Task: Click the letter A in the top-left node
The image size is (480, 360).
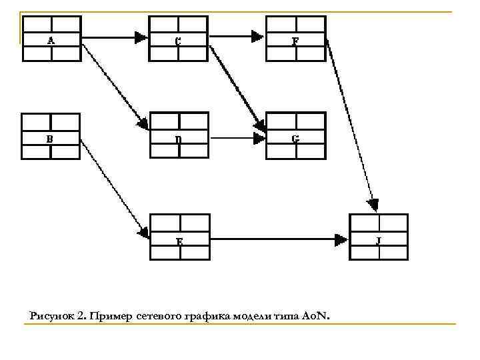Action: click(51, 41)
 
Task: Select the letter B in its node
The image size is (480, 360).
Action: click(50, 139)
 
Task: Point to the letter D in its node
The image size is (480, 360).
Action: click(177, 140)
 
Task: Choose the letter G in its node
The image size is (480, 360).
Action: click(295, 139)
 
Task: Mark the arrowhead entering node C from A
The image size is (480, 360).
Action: click(140, 38)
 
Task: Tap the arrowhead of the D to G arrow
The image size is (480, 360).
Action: click(259, 139)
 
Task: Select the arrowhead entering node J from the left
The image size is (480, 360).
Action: click(341, 239)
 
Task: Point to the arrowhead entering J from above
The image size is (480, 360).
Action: click(374, 204)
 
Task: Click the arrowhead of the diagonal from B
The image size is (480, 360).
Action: click(143, 233)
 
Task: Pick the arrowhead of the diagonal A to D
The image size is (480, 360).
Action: click(143, 123)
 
